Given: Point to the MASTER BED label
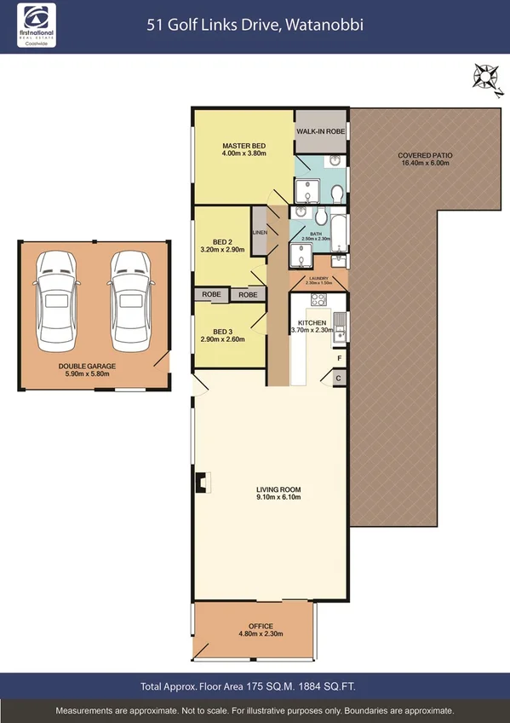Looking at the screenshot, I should (244, 147).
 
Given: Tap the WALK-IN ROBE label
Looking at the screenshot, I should (321, 131).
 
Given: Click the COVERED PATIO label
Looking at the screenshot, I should (425, 156).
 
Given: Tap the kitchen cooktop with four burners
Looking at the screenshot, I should (319, 300).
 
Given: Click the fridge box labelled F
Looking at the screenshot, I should (338, 358).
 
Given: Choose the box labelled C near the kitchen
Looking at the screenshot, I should (338, 378).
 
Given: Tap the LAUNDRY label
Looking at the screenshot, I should (318, 277).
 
